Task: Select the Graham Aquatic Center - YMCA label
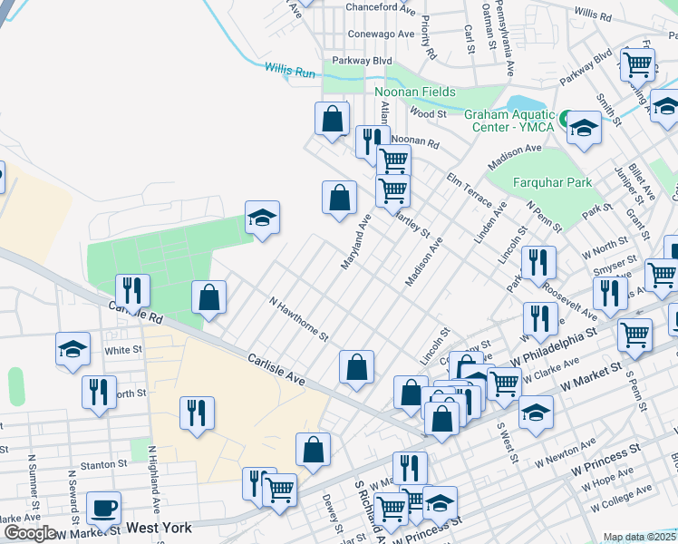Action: tap(509, 121)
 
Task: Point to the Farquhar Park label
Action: tap(552, 182)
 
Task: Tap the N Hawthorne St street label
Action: tap(298, 317)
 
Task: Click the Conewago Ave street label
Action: tap(381, 34)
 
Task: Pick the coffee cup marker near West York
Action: tap(103, 508)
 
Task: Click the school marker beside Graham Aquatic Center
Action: tap(585, 129)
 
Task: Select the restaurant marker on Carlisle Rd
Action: tap(133, 290)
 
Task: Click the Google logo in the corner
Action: tap(30, 533)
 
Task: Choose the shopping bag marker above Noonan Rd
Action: tap(333, 119)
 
